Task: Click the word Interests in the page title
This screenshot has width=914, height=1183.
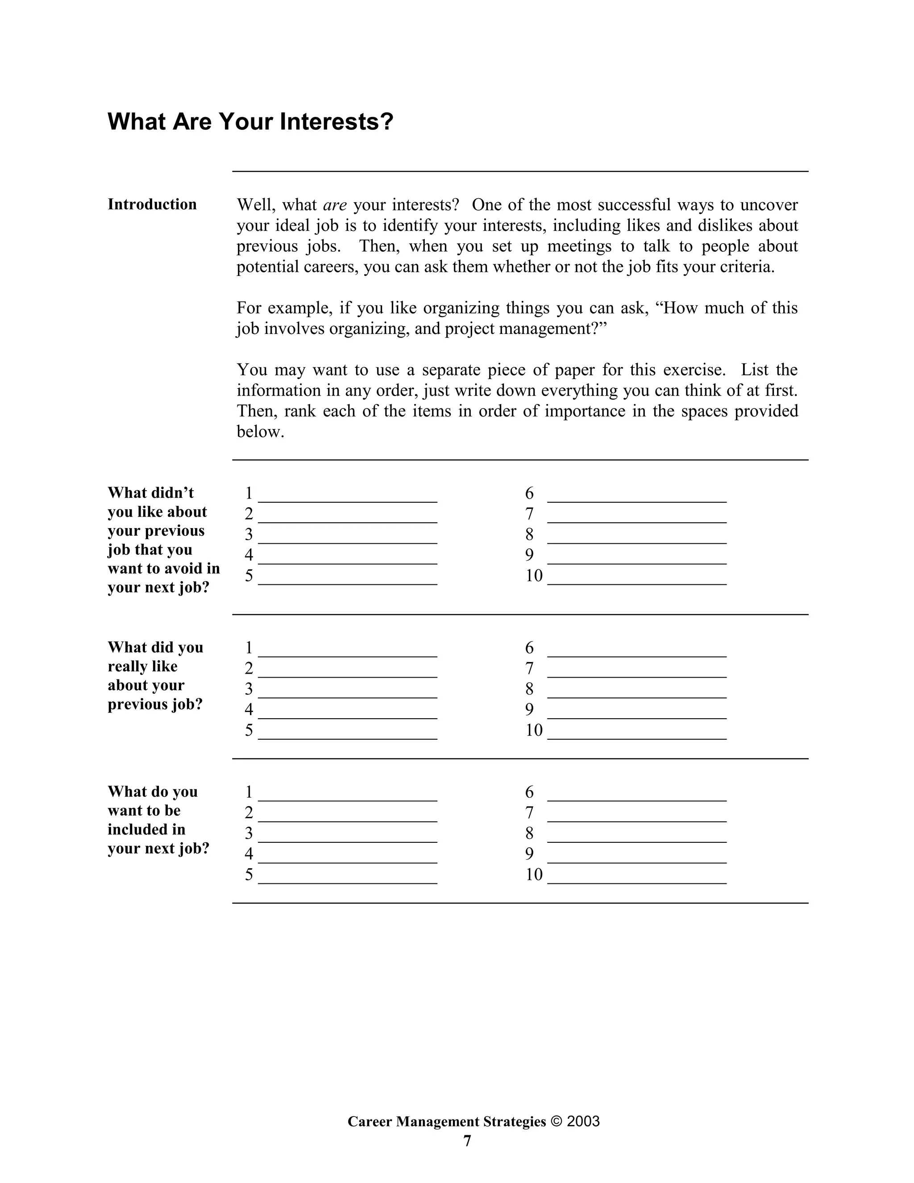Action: coord(336,122)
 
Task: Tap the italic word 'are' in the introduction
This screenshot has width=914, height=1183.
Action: coord(335,205)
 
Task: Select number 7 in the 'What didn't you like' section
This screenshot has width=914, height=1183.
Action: coord(529,513)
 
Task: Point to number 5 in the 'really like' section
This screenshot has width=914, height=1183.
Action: coord(249,730)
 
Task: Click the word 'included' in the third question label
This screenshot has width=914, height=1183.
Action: coord(146,829)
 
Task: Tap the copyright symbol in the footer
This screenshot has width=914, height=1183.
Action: coord(557,1121)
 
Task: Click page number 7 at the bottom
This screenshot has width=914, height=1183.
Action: coord(467,1141)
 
